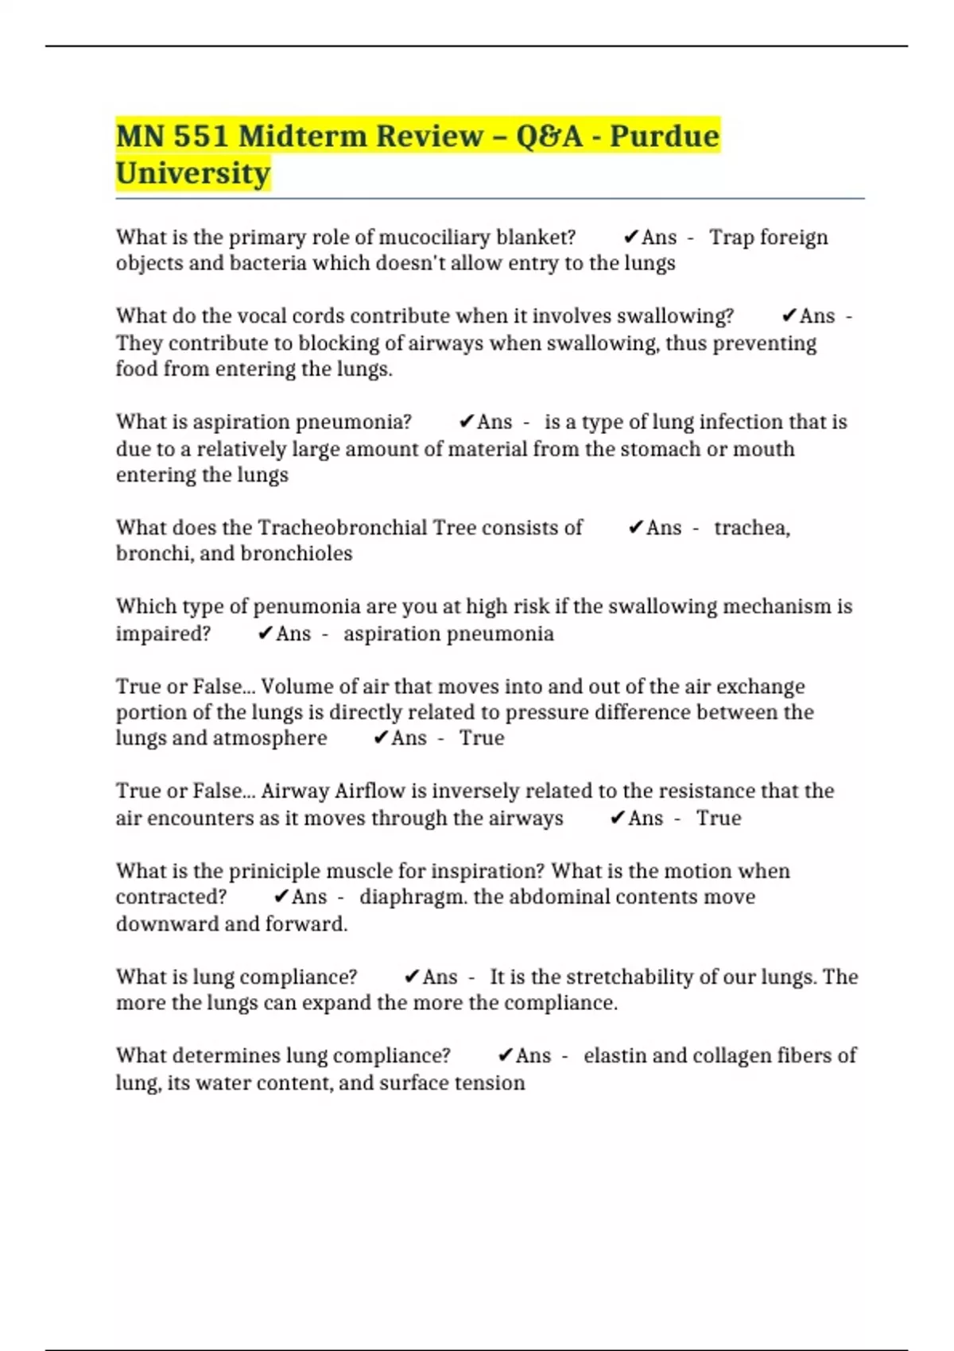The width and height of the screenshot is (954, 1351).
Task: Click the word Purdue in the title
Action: coord(664,137)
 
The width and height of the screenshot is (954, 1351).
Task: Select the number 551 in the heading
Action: coord(200,137)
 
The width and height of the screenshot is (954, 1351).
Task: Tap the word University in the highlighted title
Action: coord(193,173)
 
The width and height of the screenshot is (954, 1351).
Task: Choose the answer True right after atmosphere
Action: coord(482,738)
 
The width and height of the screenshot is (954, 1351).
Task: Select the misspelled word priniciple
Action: coord(275,871)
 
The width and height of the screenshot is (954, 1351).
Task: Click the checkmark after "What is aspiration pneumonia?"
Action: coord(467,422)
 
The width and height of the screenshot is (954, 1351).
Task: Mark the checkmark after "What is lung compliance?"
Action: coord(413,977)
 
